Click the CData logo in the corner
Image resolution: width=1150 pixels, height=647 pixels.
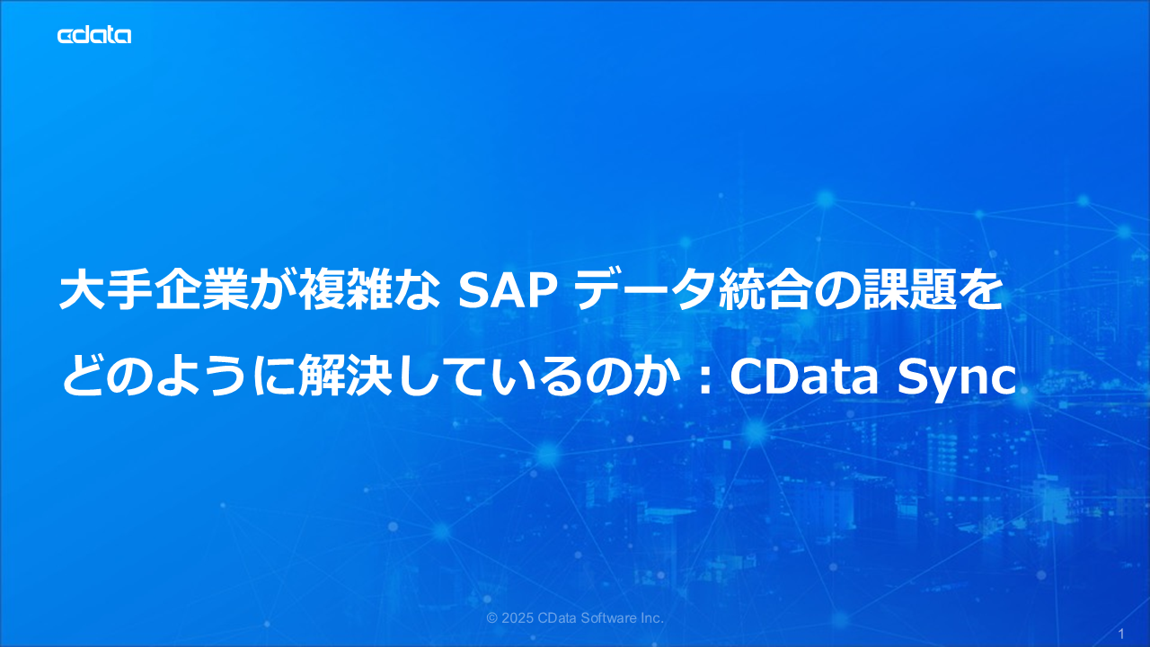coord(94,35)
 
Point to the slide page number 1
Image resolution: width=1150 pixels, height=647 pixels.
coord(1121,633)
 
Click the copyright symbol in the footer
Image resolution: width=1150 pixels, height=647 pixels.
coord(491,618)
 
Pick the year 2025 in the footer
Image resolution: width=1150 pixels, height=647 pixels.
coord(517,618)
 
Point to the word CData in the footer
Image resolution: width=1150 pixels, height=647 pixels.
coord(558,618)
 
